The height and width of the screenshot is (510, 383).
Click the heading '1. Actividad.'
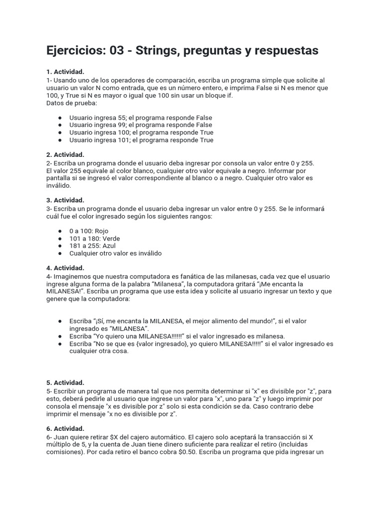pos(65,72)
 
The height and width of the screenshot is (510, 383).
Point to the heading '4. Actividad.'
pos(65,268)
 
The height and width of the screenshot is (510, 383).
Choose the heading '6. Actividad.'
pos(65,429)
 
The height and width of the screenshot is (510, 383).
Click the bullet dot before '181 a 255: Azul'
pos(60,246)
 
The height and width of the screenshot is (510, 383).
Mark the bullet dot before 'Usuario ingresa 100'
pos(60,132)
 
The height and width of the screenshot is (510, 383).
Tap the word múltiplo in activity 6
pos(60,444)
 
